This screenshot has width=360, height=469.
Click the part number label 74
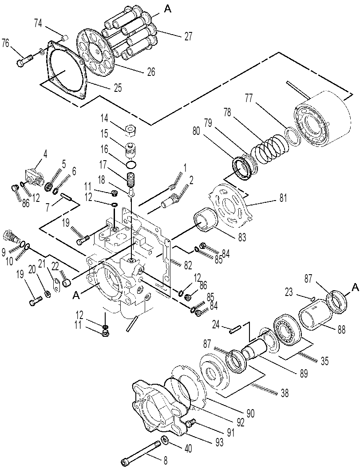[x=38, y=24]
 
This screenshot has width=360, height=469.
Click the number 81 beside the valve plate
[x=283, y=198]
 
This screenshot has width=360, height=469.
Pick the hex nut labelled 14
[x=131, y=129]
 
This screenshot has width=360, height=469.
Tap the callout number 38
[x=285, y=393]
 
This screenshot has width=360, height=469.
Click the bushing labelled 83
[x=205, y=220]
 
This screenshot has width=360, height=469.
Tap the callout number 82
[x=188, y=265]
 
